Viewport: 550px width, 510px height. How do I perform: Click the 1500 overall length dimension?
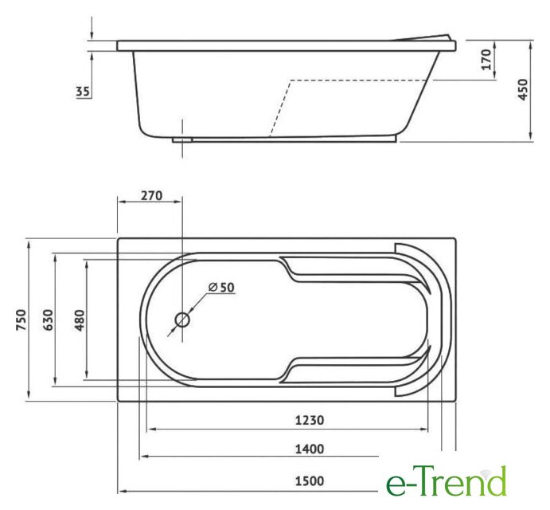310,481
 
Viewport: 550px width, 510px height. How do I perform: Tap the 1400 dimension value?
310,449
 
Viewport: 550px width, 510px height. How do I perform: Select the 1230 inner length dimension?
310,420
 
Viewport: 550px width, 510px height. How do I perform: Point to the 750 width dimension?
21,320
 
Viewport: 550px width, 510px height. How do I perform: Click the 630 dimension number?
48,320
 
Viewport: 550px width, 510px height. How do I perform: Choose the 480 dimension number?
80,320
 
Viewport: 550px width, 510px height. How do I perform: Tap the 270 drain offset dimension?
151,195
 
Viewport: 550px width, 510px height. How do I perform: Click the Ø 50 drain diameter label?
221,287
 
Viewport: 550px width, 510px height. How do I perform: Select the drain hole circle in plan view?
182,320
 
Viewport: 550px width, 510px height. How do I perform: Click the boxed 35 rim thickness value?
83,92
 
